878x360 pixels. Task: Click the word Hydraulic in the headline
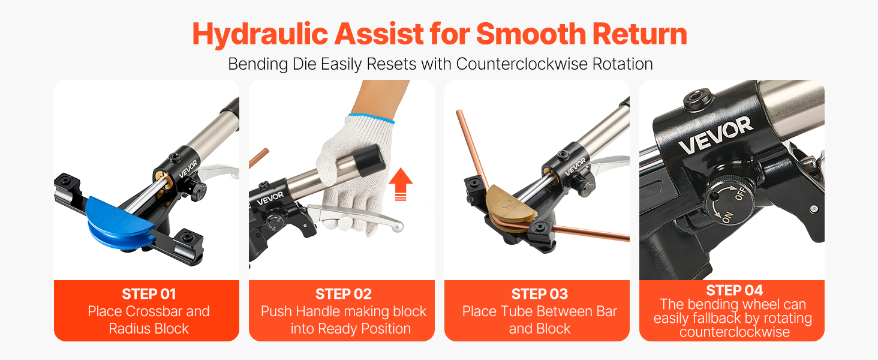[260, 35]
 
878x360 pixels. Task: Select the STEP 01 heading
[149, 294]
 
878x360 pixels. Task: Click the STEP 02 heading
[344, 294]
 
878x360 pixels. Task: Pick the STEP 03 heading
[539, 294]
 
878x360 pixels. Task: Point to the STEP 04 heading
[734, 290]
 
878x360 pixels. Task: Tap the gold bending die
[511, 205]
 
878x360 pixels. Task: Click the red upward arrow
[401, 184]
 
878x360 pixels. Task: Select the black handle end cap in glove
[369, 160]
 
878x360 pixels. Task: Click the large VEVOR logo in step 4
[715, 135]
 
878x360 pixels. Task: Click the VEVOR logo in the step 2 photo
[270, 199]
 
